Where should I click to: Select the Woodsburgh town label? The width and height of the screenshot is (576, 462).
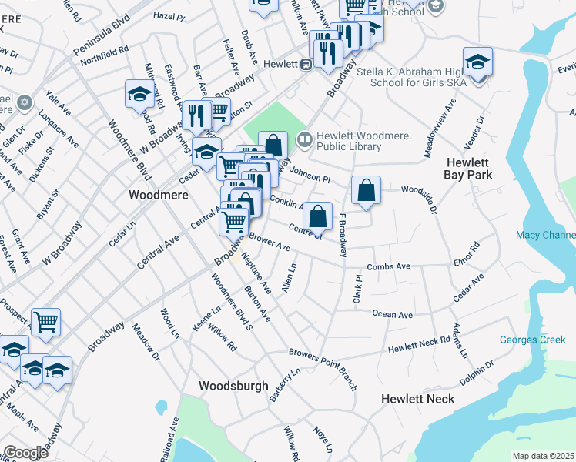coord(233,386)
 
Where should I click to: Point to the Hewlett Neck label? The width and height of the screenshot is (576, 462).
coord(418,398)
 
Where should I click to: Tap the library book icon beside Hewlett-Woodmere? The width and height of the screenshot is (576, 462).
coord(305,140)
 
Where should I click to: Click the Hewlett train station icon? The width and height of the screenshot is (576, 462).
coord(306,65)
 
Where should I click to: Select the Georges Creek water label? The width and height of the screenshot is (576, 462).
coord(532,340)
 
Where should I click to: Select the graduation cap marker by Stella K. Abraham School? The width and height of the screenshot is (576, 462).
coord(477,60)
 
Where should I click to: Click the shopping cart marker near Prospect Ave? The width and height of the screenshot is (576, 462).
coord(46,321)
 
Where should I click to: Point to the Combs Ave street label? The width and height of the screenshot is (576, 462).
coord(388,266)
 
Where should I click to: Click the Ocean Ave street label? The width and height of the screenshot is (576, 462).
coord(393,314)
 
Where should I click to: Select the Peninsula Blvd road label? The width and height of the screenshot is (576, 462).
coord(102,35)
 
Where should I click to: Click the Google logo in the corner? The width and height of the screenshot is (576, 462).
coord(25,453)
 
